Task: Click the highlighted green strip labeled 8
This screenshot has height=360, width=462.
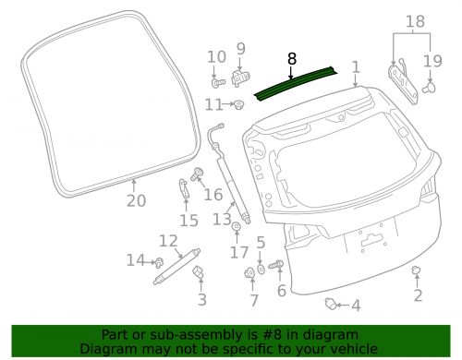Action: click(296, 83)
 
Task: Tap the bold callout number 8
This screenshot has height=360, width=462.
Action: click(292, 59)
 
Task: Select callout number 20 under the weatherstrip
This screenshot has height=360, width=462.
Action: click(137, 201)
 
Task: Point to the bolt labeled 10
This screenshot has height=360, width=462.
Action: click(218, 82)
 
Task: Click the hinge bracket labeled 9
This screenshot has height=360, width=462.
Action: click(240, 78)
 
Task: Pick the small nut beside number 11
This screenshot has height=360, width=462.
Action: click(238, 104)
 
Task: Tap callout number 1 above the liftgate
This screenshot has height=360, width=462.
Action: click(356, 67)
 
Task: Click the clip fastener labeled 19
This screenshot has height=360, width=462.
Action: click(430, 87)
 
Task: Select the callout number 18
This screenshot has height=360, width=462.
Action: click(415, 21)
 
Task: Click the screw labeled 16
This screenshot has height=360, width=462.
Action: click(196, 174)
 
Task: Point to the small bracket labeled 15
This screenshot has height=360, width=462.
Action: click(184, 187)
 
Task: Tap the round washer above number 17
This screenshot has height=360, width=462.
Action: click(237, 226)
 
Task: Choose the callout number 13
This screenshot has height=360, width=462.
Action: click(222, 220)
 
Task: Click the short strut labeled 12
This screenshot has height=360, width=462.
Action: click(176, 267)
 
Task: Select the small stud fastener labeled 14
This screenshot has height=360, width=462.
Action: click(159, 262)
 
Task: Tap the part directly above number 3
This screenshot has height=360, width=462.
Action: click(198, 272)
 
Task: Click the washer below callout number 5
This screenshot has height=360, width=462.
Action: click(261, 270)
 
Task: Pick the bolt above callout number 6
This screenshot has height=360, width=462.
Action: click(276, 264)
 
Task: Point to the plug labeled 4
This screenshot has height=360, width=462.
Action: click(331, 304)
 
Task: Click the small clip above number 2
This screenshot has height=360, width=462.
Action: click(416, 270)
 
